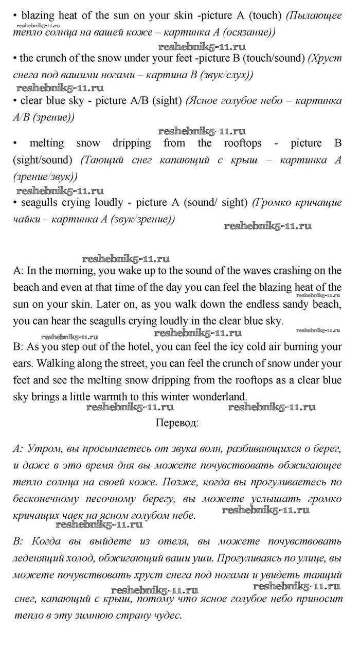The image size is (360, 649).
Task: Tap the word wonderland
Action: click(x=218, y=397)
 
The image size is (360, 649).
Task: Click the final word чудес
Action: click(x=165, y=616)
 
